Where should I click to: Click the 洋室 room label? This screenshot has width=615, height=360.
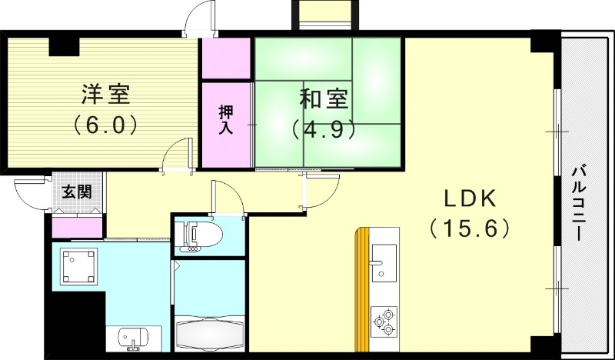[106, 95]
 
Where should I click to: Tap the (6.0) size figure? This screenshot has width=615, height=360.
[106, 123]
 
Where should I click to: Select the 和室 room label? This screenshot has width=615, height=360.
[324, 100]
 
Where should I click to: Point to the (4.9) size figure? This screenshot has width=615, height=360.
[324, 128]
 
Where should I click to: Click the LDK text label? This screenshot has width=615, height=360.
[470, 199]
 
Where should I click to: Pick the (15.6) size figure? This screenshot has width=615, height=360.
[470, 228]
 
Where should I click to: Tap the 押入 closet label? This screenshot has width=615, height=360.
[226, 119]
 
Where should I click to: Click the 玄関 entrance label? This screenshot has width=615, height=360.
[75, 192]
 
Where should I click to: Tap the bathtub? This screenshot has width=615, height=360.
[208, 332]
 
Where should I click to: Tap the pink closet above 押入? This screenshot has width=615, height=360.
[226, 57]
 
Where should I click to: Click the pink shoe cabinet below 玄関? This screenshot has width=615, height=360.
[77, 228]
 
